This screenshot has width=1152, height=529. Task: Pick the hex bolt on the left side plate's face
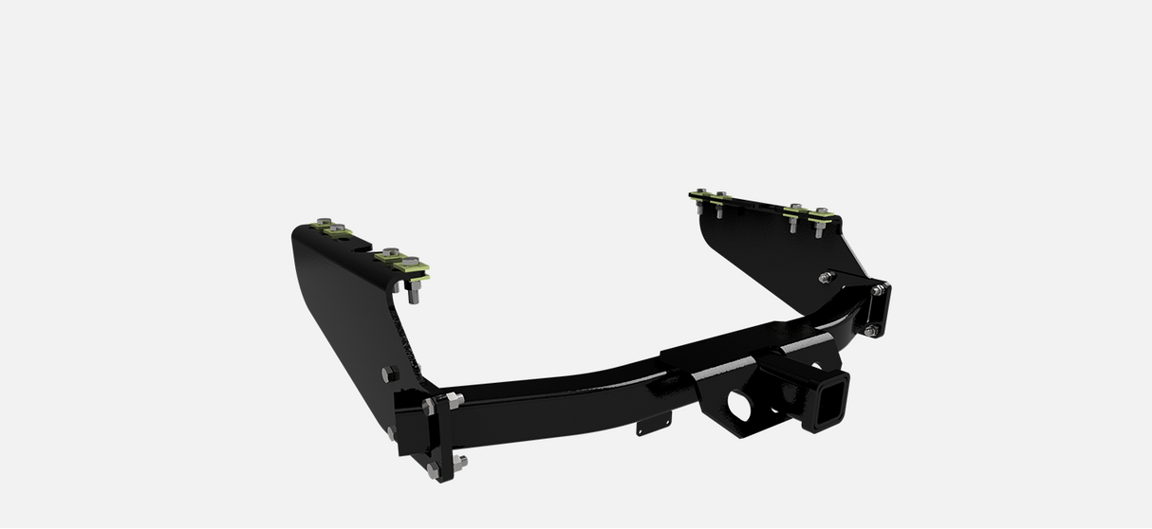click(x=385, y=374)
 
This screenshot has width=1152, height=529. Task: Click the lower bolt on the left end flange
click(x=459, y=462)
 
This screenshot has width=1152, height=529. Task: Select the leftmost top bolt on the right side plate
click(x=700, y=194)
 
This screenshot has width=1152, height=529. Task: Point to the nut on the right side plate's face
click(x=827, y=277)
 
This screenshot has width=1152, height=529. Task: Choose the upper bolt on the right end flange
click(x=879, y=288)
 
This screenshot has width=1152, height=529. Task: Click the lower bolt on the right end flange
click(x=871, y=330)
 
